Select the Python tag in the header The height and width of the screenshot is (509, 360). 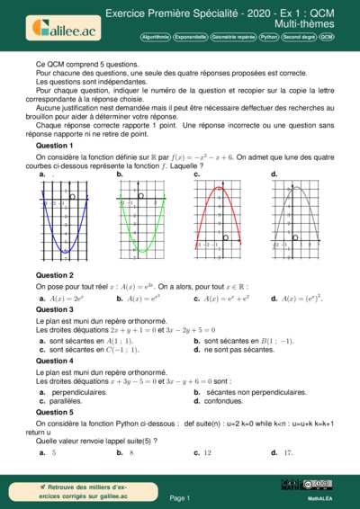(268, 39)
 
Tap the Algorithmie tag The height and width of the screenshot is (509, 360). (158, 39)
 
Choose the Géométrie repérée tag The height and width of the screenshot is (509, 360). (232, 39)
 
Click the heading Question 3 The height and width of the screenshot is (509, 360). (55, 308)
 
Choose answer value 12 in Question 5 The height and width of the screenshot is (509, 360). (207, 452)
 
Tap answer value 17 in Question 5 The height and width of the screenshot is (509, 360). (287, 452)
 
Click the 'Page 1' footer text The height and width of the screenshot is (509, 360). (180, 497)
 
